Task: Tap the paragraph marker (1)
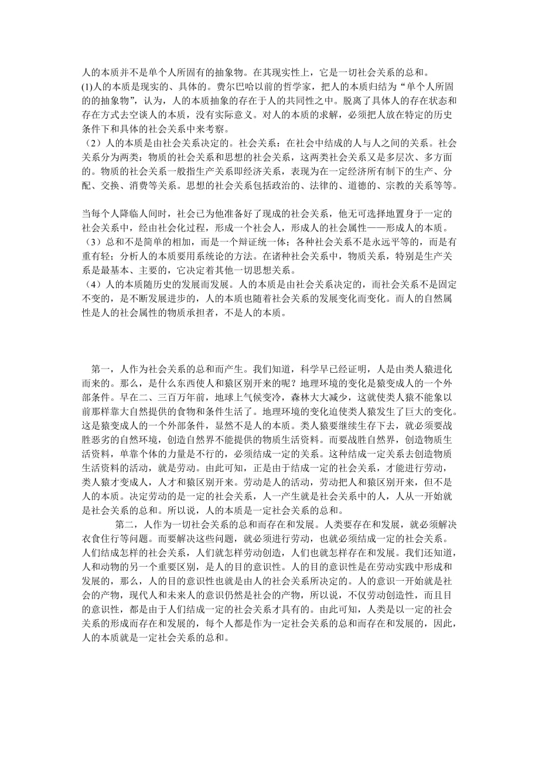point(86,87)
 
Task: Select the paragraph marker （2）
point(91,141)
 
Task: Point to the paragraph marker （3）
point(91,241)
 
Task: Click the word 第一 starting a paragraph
point(101,370)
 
